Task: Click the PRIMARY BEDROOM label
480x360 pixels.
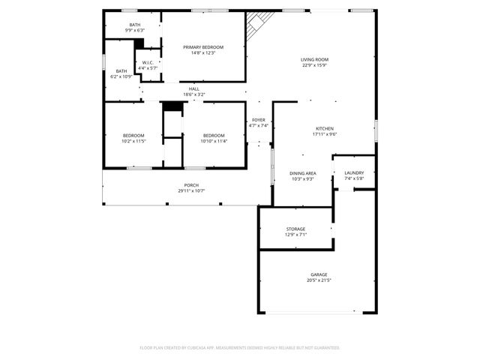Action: [203, 47]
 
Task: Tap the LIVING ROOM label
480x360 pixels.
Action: [315, 60]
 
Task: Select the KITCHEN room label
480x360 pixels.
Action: [324, 128]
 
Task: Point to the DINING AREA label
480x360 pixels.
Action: [303, 173]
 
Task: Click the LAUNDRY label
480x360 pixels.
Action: [354, 173]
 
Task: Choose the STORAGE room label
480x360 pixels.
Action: [295, 229]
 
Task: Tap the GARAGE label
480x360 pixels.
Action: [319, 274]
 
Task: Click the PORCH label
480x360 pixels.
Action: [191, 185]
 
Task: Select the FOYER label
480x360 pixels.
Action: [258, 120]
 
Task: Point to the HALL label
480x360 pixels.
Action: [194, 89]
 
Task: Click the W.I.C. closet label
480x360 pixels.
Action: [148, 63]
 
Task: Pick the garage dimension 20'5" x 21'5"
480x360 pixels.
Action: [319, 280]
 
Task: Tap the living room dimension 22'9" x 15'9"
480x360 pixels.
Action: [315, 66]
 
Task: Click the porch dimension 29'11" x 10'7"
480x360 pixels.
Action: [191, 191]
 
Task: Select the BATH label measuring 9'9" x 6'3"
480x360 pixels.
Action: [135, 25]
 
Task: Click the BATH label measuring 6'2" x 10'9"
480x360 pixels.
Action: [121, 70]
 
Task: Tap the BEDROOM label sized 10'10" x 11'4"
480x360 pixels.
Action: [214, 135]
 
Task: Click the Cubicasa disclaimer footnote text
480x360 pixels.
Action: [240, 347]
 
